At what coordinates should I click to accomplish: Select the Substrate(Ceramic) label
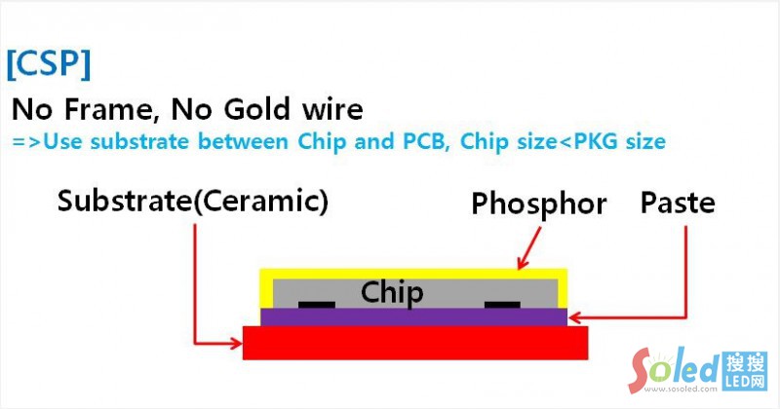[x=193, y=203]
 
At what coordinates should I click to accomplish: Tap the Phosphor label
[x=538, y=204]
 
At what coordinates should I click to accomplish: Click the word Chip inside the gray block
[x=392, y=292]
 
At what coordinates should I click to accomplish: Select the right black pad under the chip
[x=502, y=305]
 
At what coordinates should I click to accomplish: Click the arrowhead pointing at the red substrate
[x=236, y=343]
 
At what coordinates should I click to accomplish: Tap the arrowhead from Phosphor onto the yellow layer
[x=523, y=264]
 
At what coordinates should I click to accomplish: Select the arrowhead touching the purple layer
[x=574, y=316]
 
